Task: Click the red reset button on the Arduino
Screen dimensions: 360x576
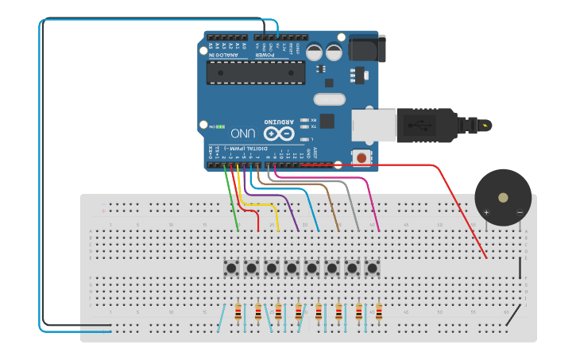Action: (362, 157)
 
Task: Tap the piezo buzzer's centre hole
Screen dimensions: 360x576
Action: (503, 197)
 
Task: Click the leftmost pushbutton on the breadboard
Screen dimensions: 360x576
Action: (231, 268)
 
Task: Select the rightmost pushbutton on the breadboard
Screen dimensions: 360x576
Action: (371, 268)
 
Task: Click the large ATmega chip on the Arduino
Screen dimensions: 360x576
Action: (255, 73)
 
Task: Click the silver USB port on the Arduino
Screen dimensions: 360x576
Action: (374, 125)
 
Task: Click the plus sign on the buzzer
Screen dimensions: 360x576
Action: (486, 213)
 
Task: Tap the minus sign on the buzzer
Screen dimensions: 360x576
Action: (520, 212)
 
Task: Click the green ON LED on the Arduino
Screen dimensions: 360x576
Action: (220, 126)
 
